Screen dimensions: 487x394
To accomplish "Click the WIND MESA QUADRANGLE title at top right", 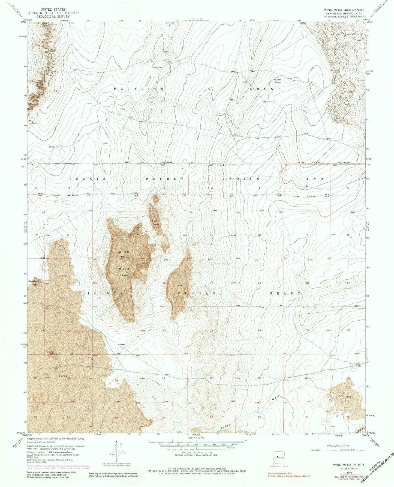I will [x=343, y=10].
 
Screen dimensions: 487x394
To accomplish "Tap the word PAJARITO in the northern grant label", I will [x=139, y=89].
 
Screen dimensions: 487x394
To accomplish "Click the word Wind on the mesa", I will [x=124, y=252].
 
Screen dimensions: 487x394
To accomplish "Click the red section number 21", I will [x=116, y=331].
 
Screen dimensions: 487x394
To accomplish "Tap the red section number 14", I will [x=211, y=283].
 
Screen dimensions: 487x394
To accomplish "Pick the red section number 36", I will [x=259, y=417].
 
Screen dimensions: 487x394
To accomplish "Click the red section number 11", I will [x=211, y=235].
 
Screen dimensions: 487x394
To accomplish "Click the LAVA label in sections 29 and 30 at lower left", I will [x=63, y=376].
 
